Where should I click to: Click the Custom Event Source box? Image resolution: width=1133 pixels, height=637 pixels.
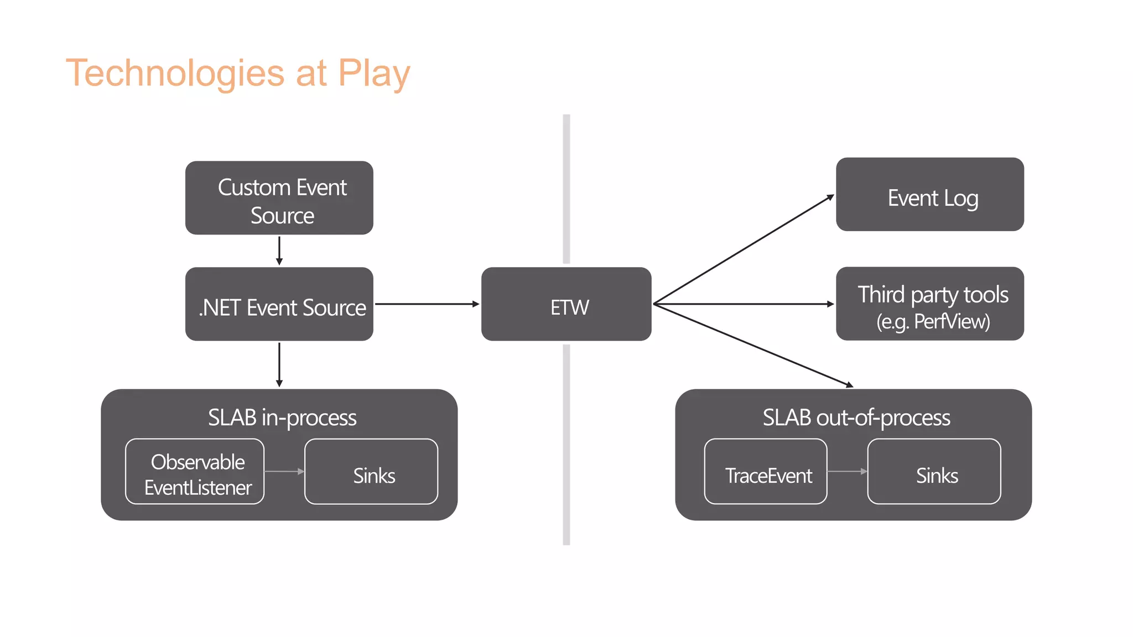[279, 198]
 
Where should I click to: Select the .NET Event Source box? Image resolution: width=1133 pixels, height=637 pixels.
[279, 304]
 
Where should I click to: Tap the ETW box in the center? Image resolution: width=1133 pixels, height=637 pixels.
[566, 304]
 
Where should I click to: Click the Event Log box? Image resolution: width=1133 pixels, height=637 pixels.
[929, 195]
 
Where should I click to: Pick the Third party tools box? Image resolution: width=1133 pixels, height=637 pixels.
[929, 304]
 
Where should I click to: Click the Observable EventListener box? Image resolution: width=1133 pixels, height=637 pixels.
[195, 472]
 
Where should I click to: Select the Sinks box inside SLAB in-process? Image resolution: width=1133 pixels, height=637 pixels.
[371, 472]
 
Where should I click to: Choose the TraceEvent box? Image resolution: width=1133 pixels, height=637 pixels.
[766, 472]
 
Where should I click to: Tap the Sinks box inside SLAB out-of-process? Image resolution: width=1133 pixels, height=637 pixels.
[934, 472]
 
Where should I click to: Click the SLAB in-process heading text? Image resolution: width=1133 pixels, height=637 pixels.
[282, 417]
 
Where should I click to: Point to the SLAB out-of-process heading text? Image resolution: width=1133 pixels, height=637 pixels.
[856, 417]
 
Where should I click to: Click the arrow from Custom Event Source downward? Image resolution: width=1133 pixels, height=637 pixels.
[279, 250]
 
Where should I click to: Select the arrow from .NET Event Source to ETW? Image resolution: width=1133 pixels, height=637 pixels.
[426, 304]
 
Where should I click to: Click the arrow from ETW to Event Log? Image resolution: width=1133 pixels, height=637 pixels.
[744, 249]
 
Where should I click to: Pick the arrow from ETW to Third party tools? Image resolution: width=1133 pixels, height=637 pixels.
[744, 304]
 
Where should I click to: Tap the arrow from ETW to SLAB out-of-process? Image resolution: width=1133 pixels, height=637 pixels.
[752, 345]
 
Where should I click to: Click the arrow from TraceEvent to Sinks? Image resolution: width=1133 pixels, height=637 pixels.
[847, 472]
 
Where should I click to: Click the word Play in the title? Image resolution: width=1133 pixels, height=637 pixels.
[374, 74]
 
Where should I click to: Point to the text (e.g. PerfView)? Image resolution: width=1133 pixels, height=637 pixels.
[933, 322]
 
